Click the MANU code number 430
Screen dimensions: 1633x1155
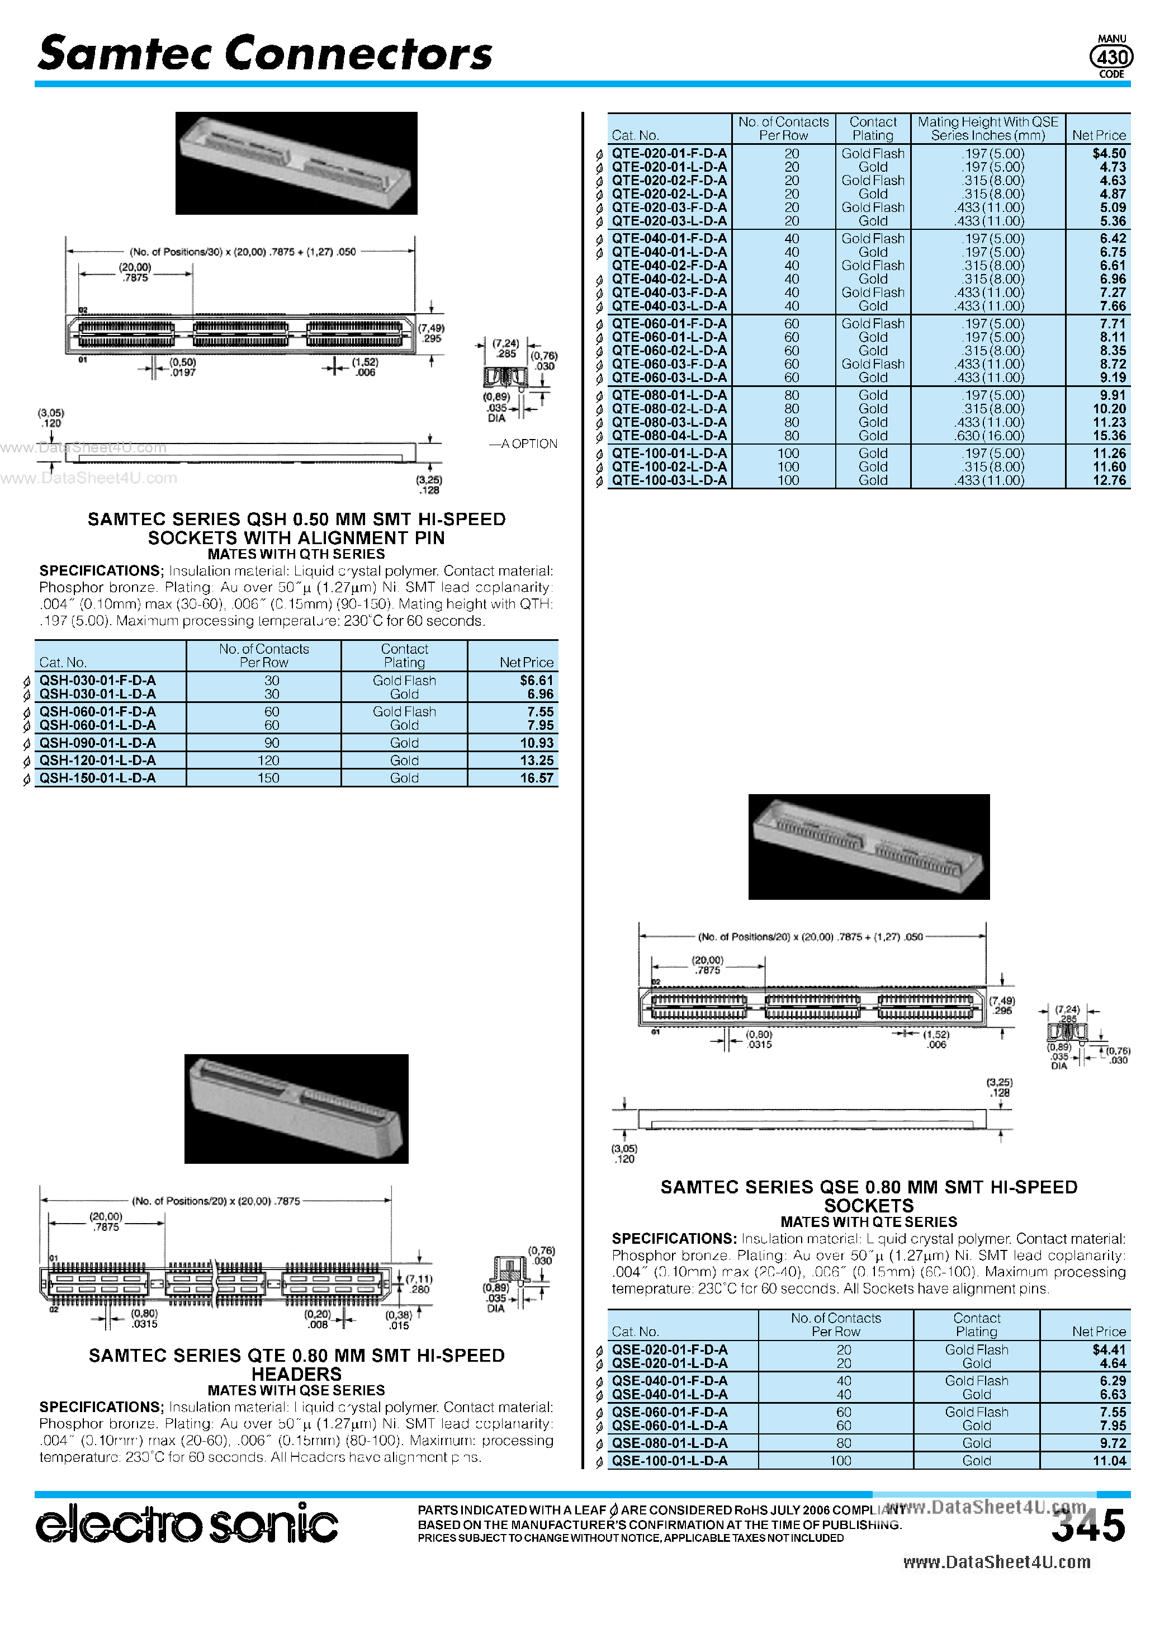click(1111, 57)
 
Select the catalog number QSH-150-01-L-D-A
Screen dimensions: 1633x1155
click(97, 778)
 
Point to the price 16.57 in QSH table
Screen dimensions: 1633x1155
click(536, 778)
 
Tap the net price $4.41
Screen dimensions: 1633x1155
click(1109, 1350)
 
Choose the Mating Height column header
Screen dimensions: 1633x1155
click(987, 129)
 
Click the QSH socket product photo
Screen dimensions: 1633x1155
click(296, 163)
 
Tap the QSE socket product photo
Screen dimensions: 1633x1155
click(868, 846)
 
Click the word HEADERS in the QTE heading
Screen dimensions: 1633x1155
click(296, 1374)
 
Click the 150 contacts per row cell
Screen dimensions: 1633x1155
click(268, 778)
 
